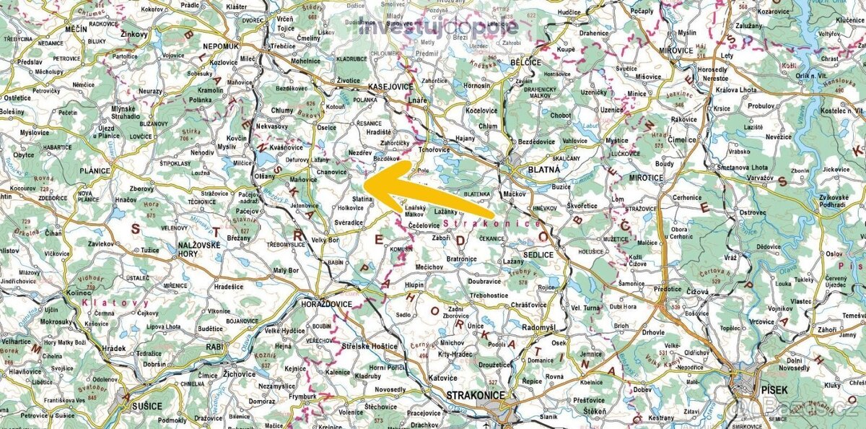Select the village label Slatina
click(362, 199)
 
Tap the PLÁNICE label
click(95, 171)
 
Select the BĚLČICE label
click(525, 63)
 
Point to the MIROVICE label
click(676, 51)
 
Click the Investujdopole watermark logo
click(438, 27)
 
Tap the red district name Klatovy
click(115, 303)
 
